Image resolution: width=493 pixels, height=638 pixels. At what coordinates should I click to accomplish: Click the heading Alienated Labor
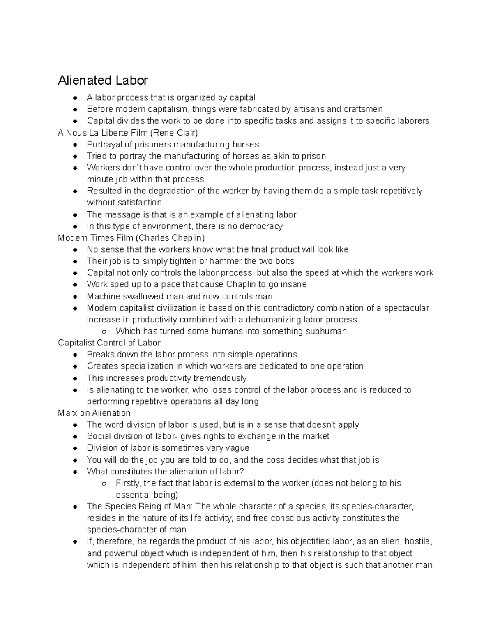[x=103, y=80]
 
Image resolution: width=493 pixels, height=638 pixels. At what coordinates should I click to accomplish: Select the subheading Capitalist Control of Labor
[x=109, y=343]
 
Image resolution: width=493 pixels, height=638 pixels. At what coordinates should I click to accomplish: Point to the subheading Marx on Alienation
[x=94, y=413]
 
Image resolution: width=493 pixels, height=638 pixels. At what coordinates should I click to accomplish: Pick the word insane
[x=293, y=284]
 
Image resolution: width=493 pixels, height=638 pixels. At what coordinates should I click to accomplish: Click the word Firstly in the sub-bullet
[x=128, y=483]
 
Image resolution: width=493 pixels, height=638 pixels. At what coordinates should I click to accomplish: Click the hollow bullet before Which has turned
[x=104, y=332]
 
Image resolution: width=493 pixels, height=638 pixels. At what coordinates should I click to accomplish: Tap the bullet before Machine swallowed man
[x=75, y=297]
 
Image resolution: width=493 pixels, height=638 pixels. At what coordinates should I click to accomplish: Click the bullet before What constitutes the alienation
[x=75, y=472]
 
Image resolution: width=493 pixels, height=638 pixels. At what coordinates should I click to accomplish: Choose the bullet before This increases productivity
[x=75, y=378]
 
